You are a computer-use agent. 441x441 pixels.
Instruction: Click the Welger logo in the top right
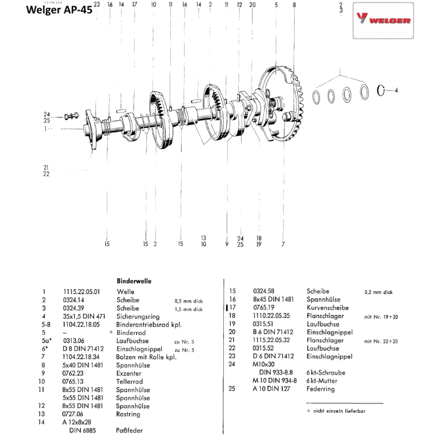point(383,20)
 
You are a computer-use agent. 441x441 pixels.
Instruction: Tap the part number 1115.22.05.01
point(82,292)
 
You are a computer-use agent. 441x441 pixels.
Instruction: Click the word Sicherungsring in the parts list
point(138,316)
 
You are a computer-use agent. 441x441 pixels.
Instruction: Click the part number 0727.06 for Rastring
point(73,414)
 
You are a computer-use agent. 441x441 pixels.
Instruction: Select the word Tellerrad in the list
point(129,381)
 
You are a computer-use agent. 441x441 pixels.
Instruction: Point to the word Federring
point(321,389)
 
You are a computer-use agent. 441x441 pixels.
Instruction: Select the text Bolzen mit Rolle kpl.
point(146,357)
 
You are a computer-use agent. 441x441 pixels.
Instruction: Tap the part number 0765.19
point(264,308)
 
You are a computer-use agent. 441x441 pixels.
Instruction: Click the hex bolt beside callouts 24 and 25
point(69,116)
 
